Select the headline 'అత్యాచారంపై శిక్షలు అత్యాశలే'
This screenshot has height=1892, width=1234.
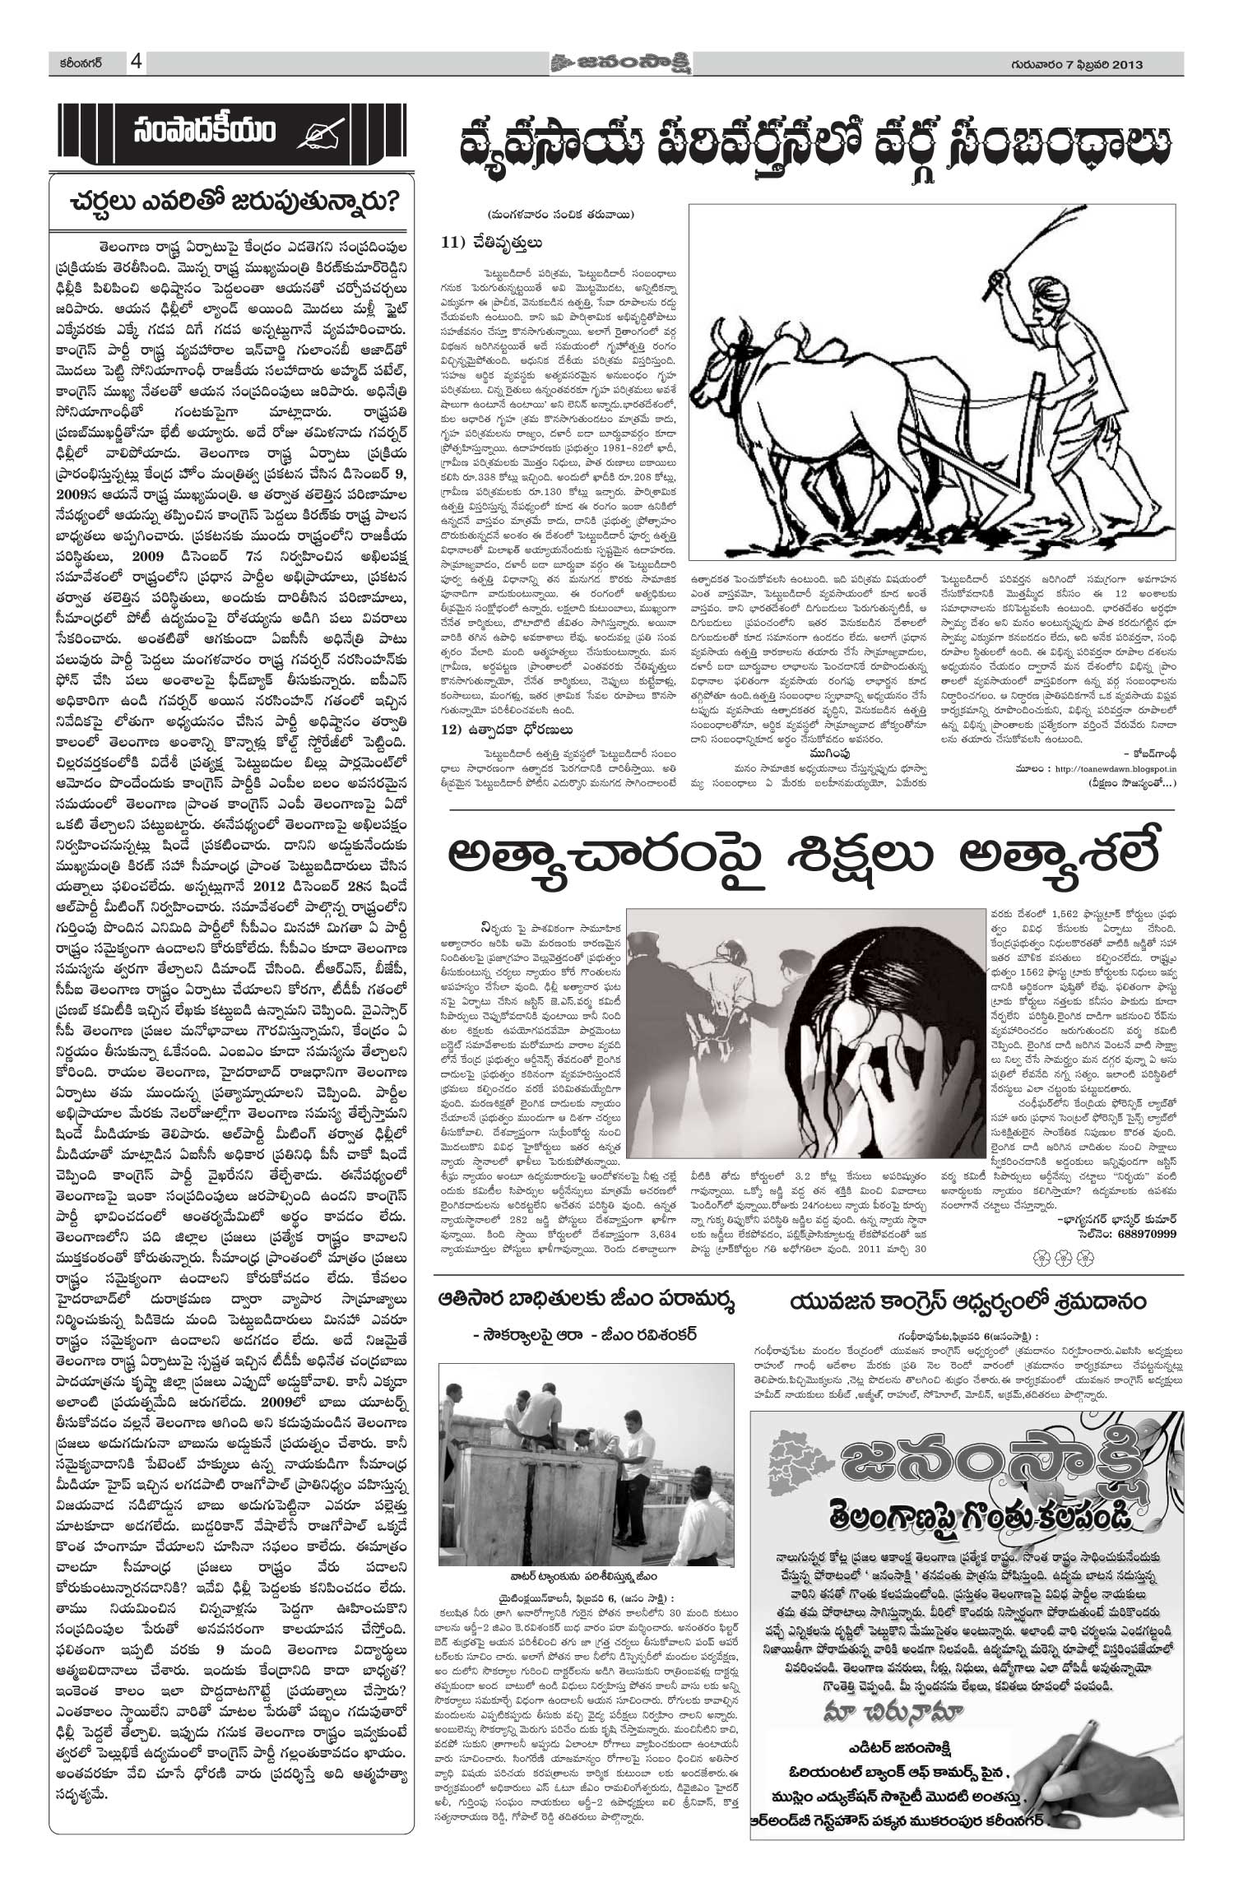pos(805,858)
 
